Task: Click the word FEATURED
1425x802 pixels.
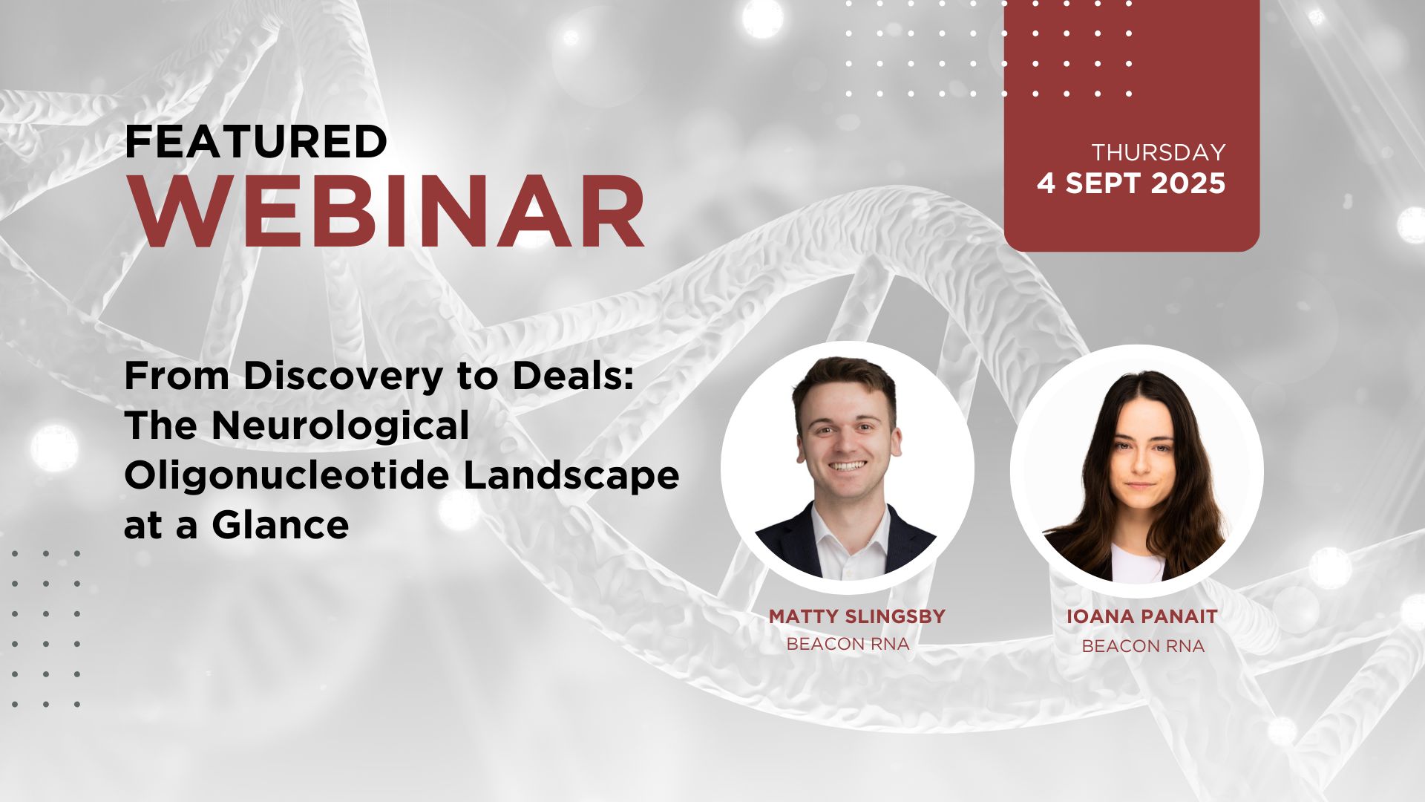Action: (x=256, y=142)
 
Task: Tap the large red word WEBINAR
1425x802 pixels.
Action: (x=389, y=212)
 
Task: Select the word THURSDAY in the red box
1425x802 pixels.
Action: (x=1158, y=152)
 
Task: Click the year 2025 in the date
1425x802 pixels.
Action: (x=1188, y=183)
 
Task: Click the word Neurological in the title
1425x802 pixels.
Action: (x=341, y=426)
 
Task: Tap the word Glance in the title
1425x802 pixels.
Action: (x=281, y=525)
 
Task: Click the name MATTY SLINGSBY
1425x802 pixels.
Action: (x=856, y=616)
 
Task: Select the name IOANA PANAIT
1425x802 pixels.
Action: (x=1141, y=616)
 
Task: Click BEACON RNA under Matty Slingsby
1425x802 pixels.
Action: (x=848, y=644)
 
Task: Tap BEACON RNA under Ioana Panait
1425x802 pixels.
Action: (x=1143, y=646)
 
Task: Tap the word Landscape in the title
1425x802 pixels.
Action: (x=571, y=475)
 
